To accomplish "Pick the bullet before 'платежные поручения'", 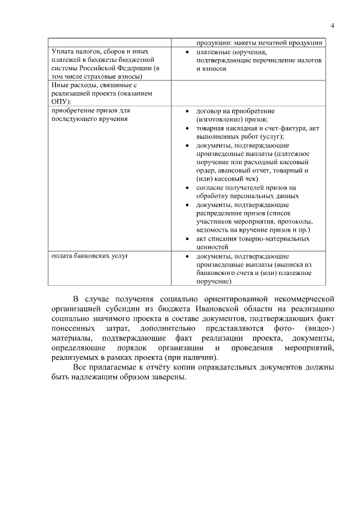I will pyautogui.click(x=186, y=52).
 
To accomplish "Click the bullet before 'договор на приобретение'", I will pyautogui.click(x=186, y=111).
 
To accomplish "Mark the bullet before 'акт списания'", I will pyautogui.click(x=186, y=238).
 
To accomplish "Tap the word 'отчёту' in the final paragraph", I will pyautogui.click(x=156, y=367).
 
